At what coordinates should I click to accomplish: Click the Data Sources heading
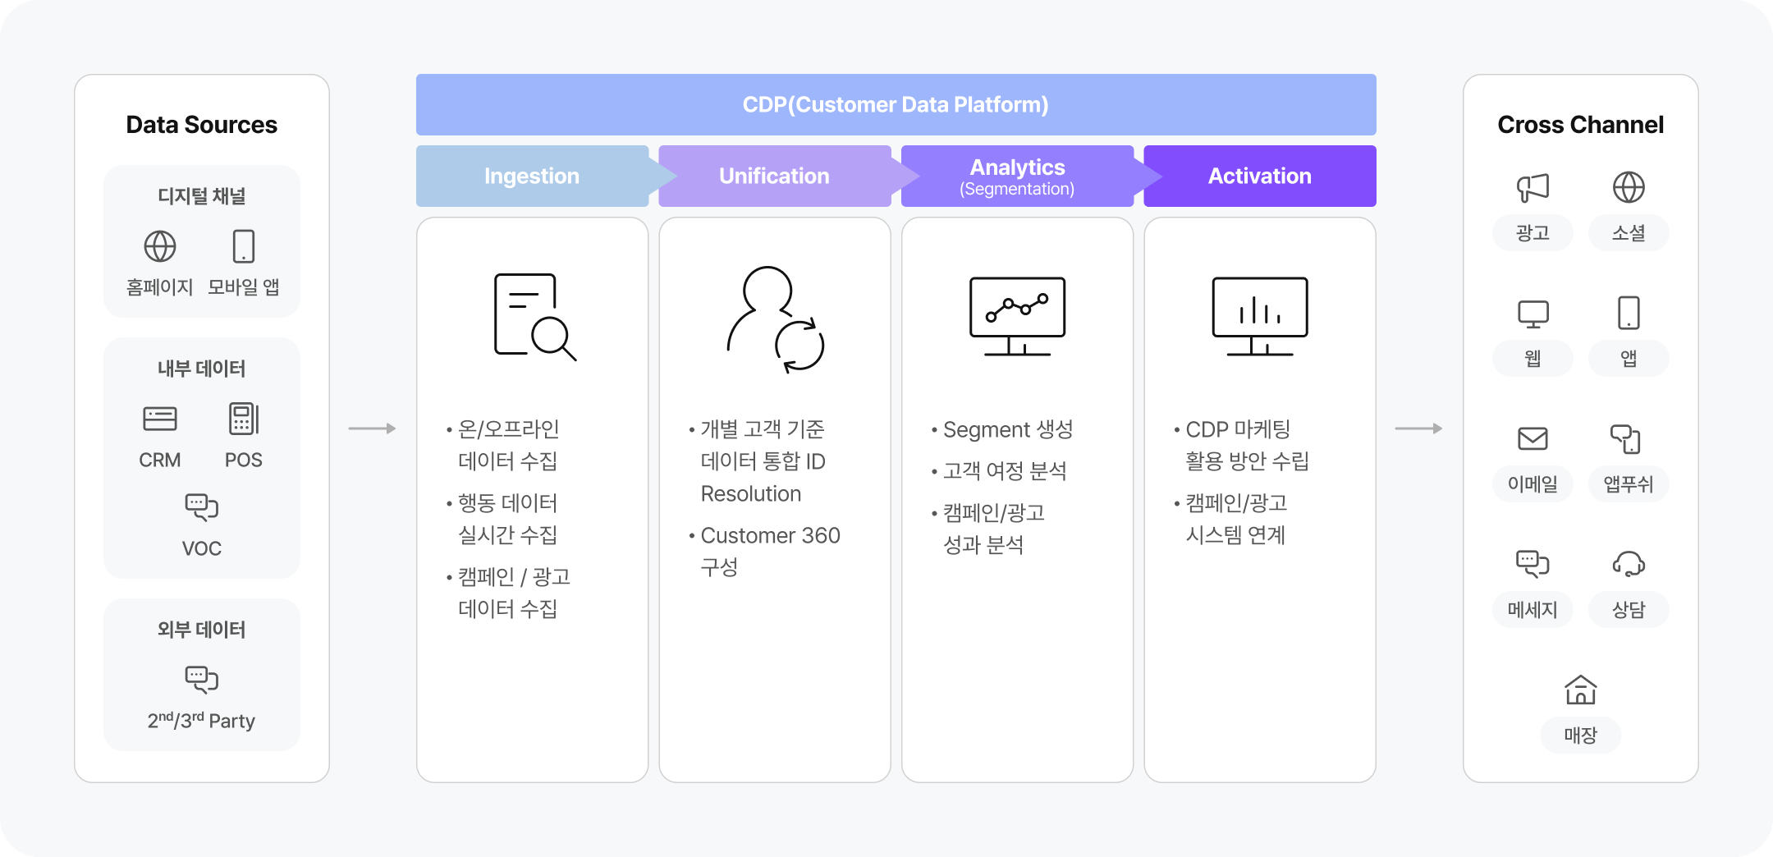pyautogui.click(x=201, y=125)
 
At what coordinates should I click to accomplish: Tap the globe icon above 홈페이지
pyautogui.click(x=160, y=246)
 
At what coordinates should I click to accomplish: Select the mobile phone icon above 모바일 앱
pyautogui.click(x=244, y=246)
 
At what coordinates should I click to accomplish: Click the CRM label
pyautogui.click(x=160, y=460)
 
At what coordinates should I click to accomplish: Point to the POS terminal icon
pyautogui.click(x=244, y=419)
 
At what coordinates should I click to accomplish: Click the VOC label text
pyautogui.click(x=202, y=548)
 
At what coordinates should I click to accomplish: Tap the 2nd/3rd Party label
pyautogui.click(x=201, y=721)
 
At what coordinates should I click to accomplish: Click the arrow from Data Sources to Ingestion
pyautogui.click(x=372, y=428)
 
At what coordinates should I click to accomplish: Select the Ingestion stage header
pyautogui.click(x=532, y=176)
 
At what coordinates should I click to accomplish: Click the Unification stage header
pyautogui.click(x=774, y=176)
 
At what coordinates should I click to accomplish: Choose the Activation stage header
pyautogui.click(x=1260, y=176)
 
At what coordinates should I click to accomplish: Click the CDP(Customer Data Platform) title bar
pyautogui.click(x=896, y=104)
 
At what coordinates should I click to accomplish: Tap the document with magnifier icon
pyautogui.click(x=534, y=317)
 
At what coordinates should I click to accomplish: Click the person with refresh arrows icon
pyautogui.click(x=776, y=319)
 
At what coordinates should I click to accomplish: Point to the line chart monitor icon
pyautogui.click(x=1017, y=316)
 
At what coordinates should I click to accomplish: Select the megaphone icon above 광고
pyautogui.click(x=1532, y=187)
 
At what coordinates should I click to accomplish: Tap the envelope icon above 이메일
pyautogui.click(x=1532, y=439)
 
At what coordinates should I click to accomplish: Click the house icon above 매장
pyautogui.click(x=1580, y=690)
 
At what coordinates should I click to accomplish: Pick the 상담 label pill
pyautogui.click(x=1629, y=609)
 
